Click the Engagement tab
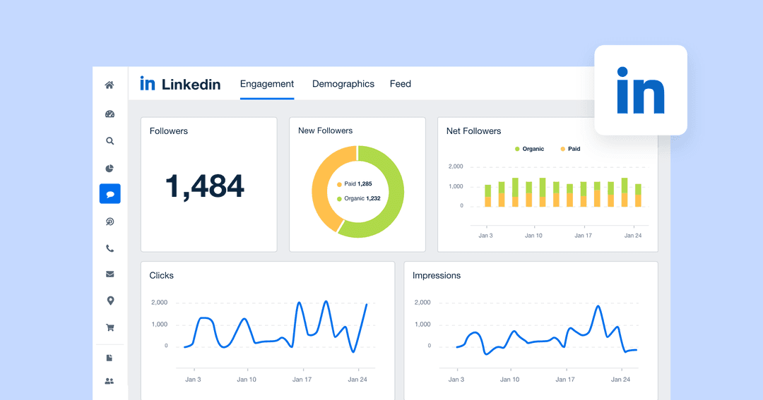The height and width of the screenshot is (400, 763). [x=266, y=84]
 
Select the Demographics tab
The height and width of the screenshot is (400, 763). [x=343, y=84]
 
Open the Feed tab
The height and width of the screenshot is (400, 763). [x=400, y=84]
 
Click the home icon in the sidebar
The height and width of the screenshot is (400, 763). [x=110, y=85]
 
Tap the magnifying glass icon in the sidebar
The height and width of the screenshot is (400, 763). [x=110, y=141]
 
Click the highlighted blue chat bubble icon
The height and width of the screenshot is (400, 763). [x=110, y=194]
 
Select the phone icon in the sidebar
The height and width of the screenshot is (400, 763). [x=110, y=248]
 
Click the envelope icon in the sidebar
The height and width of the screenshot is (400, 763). [x=110, y=274]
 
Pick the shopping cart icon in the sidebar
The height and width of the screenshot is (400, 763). [x=110, y=327]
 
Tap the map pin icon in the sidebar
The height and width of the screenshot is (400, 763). [x=110, y=301]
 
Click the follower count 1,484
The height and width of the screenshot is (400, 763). [x=204, y=186]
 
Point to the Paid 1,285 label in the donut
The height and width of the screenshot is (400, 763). [x=358, y=184]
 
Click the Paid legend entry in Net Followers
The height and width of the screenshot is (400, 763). [x=570, y=150]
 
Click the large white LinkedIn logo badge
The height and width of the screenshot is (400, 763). [x=640, y=90]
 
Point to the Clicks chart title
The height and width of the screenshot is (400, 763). [x=161, y=276]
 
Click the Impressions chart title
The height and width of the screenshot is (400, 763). [x=436, y=276]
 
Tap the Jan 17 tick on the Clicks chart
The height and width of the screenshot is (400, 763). [x=302, y=380]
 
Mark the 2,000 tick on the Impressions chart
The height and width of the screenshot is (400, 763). [x=422, y=303]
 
